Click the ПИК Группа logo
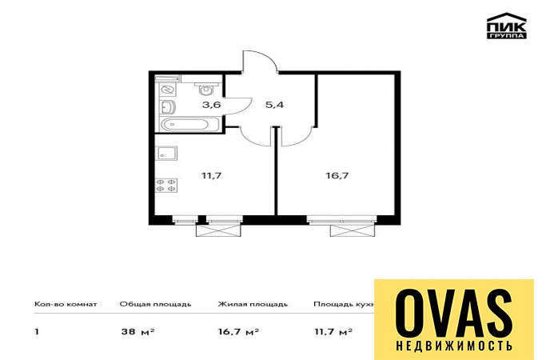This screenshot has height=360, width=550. point(507,26)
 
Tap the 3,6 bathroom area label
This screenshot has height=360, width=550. point(211,105)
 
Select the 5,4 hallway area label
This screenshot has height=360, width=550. point(274,105)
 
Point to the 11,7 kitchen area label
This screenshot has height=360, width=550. point(212,175)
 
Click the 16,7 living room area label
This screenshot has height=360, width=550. point(337,175)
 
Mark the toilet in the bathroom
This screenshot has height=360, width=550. point(206,89)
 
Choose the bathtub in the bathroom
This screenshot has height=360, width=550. point(189,125)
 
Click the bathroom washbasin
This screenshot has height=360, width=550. point(168,107)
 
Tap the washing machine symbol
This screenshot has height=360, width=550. point(167,90)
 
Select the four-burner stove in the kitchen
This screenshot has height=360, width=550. point(166,186)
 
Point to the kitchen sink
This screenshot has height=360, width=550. point(166,154)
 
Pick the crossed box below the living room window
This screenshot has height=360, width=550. point(353,230)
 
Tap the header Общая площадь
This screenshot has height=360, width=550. point(155,304)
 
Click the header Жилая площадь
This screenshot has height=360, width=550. point(253,304)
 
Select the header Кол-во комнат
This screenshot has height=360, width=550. point(66,304)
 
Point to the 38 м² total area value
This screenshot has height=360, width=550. point(137,331)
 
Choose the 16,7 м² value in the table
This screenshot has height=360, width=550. point(238,331)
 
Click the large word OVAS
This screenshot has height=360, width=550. point(454,314)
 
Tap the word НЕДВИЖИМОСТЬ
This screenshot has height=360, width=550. point(454,346)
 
